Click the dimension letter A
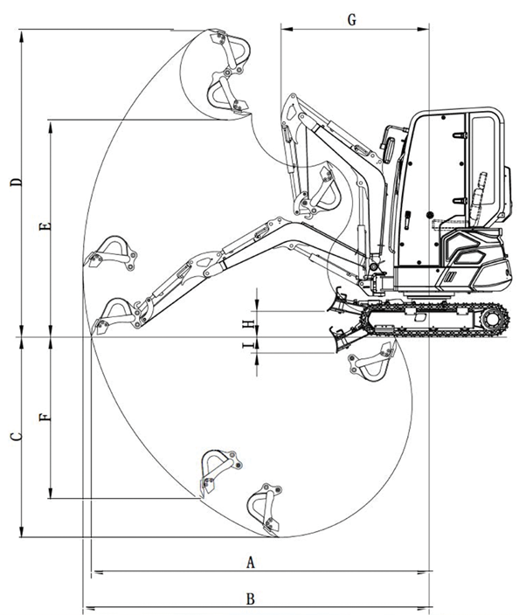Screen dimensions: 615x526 (x=251, y=562)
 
